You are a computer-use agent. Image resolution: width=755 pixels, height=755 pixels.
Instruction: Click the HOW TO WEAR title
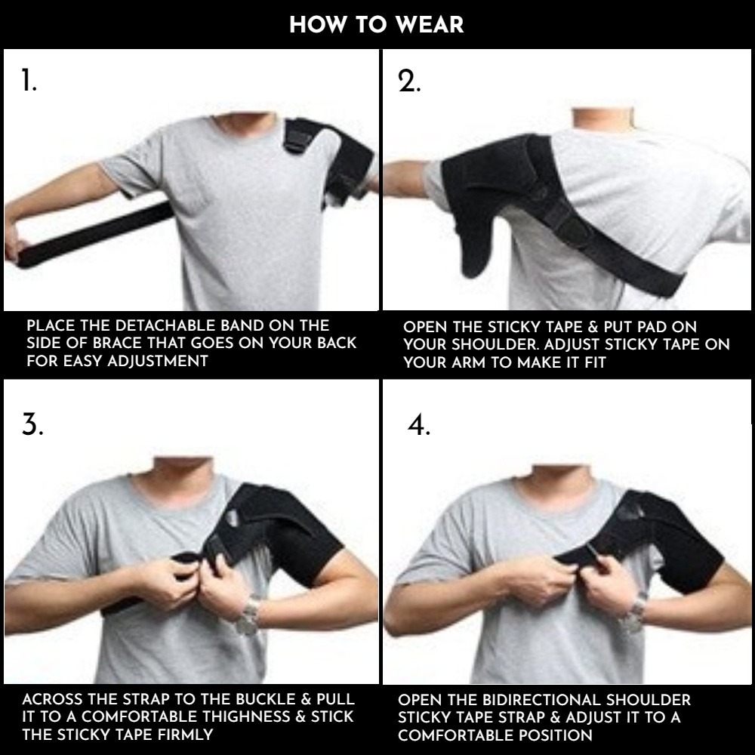pos(377,25)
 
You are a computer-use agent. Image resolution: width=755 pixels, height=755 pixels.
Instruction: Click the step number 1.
pos(29,81)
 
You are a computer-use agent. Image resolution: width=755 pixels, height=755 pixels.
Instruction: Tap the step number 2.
pos(409,81)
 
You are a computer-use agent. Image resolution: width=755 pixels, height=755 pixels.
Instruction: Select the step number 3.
pos(32,424)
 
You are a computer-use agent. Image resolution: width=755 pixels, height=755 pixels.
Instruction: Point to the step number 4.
pos(419,424)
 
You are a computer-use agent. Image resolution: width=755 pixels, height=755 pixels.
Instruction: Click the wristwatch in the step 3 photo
pos(248,616)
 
